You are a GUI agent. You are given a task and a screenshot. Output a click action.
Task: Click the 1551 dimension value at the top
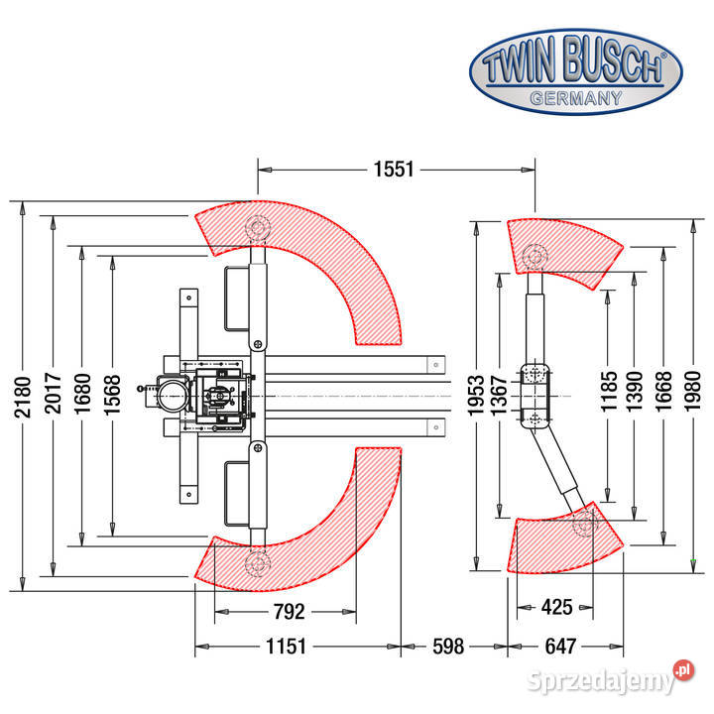(x=394, y=170)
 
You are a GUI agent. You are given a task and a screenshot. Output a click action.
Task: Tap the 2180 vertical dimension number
(x=22, y=397)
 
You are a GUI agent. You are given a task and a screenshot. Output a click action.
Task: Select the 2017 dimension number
(x=53, y=394)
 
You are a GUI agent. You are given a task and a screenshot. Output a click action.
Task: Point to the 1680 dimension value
(x=82, y=394)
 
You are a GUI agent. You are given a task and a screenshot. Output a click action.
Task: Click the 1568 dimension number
(x=112, y=395)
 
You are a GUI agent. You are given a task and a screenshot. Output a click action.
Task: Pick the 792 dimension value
(x=290, y=612)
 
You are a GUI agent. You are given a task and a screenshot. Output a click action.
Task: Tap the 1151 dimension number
(x=286, y=647)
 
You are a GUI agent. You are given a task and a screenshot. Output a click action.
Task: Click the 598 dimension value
(x=448, y=647)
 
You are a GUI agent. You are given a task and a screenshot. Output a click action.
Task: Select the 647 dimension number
(x=560, y=647)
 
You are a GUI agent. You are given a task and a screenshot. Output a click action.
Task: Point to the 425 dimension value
(x=557, y=607)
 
